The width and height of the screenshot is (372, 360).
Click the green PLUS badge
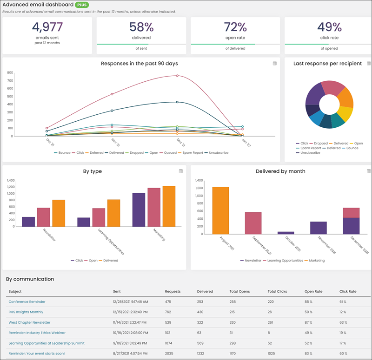pyautogui.click(x=82, y=5)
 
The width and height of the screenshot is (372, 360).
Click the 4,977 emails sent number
pyautogui.click(x=47, y=27)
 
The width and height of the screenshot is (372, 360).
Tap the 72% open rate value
pyautogui.click(x=235, y=27)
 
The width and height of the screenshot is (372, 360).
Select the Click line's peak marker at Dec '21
pyautogui.click(x=177, y=76)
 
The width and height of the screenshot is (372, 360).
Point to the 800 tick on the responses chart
pyautogui.click(x=10, y=72)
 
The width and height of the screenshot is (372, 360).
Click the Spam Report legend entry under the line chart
pyautogui.click(x=191, y=153)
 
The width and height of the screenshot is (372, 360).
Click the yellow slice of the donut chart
pyautogui.click(x=345, y=114)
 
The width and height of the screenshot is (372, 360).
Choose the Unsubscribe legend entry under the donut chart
pyautogui.click(x=308, y=153)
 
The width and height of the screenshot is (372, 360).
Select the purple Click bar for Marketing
pyautogui.click(x=139, y=210)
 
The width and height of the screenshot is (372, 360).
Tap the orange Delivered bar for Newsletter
pyautogui.click(x=59, y=213)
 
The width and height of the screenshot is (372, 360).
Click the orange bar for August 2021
pyautogui.click(x=220, y=210)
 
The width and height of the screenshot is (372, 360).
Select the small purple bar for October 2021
pyautogui.click(x=286, y=233)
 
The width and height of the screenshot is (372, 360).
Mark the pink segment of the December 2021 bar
pyautogui.click(x=352, y=213)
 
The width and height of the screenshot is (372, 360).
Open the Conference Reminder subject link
pyautogui.click(x=27, y=301)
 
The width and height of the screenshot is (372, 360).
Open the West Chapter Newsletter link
pyautogui.click(x=29, y=322)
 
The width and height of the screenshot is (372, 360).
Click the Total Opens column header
pyautogui.click(x=239, y=291)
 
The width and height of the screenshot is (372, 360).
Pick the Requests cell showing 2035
pyautogui.click(x=169, y=353)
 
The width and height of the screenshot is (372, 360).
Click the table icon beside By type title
pyautogui.click(x=181, y=171)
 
